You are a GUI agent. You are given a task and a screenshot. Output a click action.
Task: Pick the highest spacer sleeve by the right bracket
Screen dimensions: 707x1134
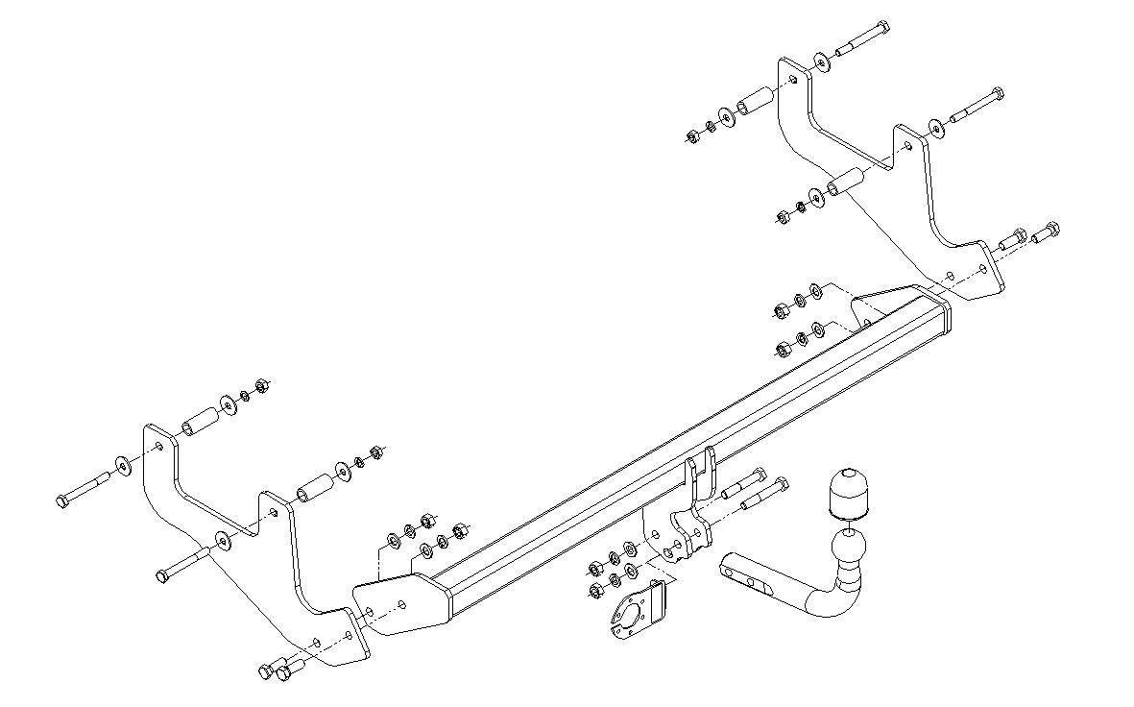[x=757, y=101]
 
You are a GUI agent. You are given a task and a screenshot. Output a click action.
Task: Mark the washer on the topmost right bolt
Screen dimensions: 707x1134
[x=823, y=62]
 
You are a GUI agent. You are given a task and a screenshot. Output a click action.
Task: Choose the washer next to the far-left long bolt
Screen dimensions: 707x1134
[x=124, y=465]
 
